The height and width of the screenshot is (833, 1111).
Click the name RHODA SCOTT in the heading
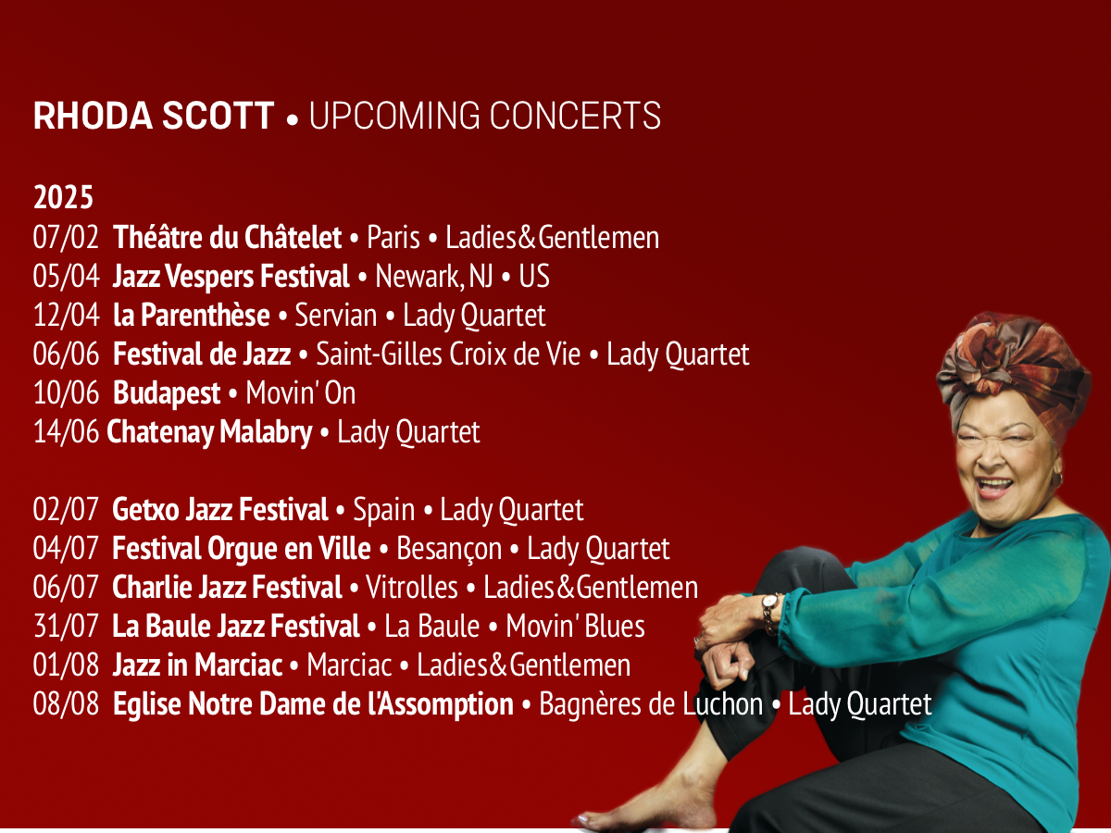click(x=154, y=116)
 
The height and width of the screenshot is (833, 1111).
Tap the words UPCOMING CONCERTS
click(x=485, y=116)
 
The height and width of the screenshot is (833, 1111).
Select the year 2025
click(x=63, y=197)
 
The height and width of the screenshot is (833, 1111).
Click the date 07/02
click(x=66, y=237)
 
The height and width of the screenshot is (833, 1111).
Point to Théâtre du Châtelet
click(x=227, y=237)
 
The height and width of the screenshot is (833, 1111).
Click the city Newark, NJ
click(x=434, y=276)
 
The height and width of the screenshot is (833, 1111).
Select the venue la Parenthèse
click(x=192, y=315)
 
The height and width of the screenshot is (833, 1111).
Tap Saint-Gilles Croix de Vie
click(x=448, y=354)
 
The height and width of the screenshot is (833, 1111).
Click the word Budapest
click(x=167, y=393)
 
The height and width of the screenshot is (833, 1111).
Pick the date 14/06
click(x=66, y=431)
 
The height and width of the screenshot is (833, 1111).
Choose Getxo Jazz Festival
click(x=220, y=509)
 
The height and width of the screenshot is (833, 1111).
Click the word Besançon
click(x=449, y=549)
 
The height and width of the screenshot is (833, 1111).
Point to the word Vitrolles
click(x=412, y=587)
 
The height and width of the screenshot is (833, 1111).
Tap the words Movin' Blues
click(x=576, y=627)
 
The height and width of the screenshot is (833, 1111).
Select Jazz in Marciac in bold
click(x=197, y=665)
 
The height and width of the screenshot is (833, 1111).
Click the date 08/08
click(x=66, y=703)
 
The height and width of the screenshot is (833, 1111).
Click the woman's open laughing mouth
click(x=993, y=487)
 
